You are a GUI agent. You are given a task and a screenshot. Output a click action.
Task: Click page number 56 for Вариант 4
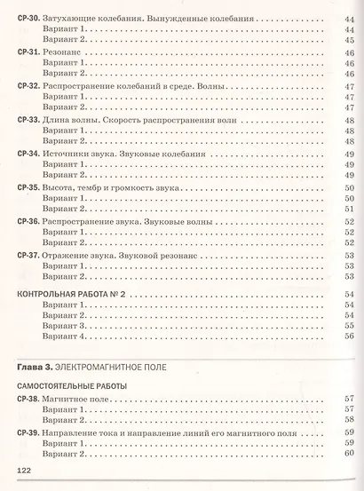tap(349, 337)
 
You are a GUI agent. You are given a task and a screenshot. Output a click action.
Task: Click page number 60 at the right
tap(349, 455)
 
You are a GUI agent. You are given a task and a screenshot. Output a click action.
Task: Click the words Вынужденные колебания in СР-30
tap(206, 18)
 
